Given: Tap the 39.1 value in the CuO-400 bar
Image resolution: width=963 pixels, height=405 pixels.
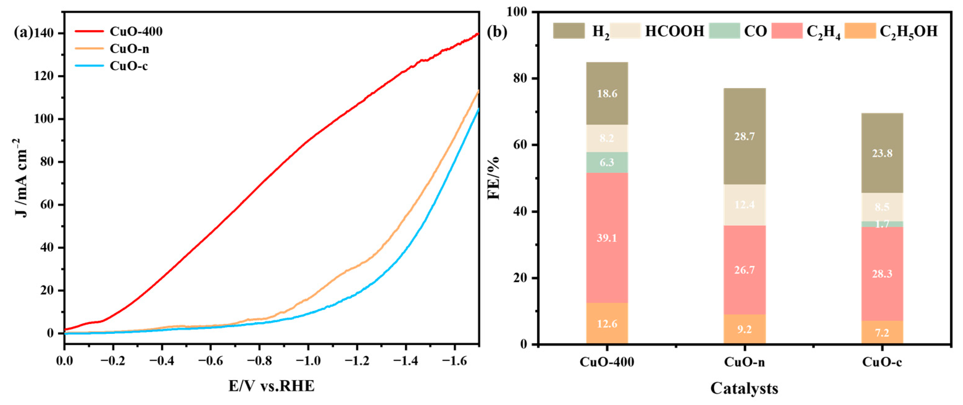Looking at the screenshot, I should pos(607,238).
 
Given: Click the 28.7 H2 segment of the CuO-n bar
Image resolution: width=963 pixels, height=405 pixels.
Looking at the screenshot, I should pos(744,136).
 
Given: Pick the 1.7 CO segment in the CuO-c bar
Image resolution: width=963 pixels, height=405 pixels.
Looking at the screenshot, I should pos(882,224).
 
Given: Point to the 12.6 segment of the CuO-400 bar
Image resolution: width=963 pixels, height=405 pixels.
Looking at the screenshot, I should pos(607,324).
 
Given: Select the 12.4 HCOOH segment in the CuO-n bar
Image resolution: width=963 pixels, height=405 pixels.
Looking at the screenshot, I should pos(744,205).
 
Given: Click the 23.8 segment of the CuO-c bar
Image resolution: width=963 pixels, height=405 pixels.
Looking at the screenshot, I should pos(882,153).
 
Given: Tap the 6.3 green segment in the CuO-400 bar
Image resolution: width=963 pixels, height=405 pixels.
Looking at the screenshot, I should pos(607,162).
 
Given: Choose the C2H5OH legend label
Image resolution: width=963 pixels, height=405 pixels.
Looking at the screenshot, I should pos(908,31).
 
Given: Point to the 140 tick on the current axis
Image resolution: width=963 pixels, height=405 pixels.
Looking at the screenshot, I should pos(44,34).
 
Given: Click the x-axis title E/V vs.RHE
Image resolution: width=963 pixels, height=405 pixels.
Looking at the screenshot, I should pos(272,386).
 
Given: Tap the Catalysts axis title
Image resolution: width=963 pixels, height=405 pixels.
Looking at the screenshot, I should pos(744,388).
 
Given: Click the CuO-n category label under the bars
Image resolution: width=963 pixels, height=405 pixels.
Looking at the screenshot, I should pos(744,362).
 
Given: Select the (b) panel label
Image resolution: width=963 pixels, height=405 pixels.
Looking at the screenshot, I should pos(497,32).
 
